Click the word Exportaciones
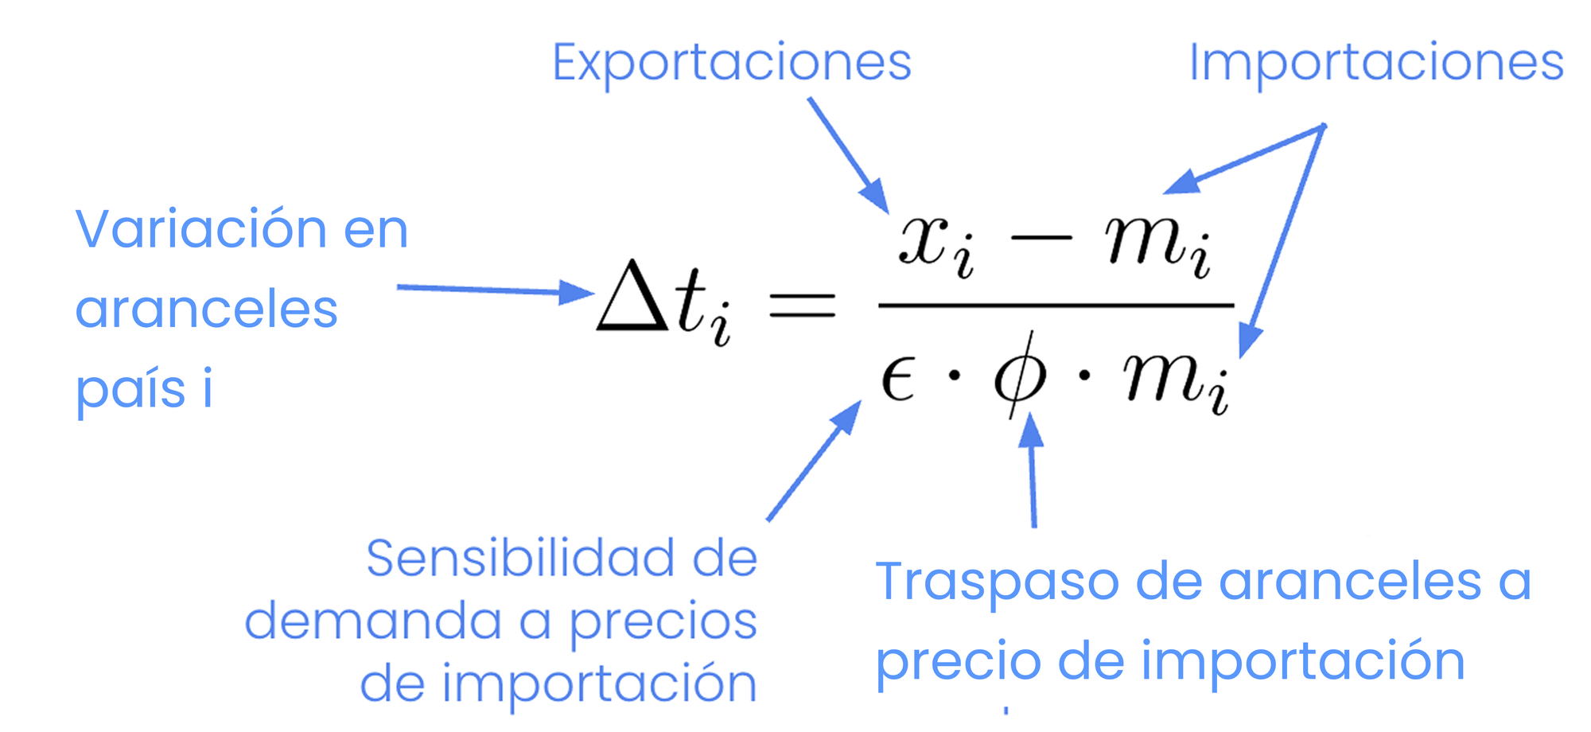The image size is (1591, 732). pyautogui.click(x=731, y=63)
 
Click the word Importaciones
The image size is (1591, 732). pyautogui.click(x=1375, y=63)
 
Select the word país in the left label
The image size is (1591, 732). pyautogui.click(x=130, y=390)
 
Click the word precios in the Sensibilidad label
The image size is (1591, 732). pyautogui.click(x=663, y=622)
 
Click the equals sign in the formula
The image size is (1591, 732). pyautogui.click(x=802, y=305)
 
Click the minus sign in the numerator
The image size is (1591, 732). pyautogui.click(x=1040, y=239)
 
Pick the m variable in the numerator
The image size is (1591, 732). pyautogui.click(x=1146, y=240)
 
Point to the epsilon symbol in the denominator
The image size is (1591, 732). pyautogui.click(x=897, y=379)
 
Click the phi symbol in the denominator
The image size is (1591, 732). pyautogui.click(x=1019, y=374)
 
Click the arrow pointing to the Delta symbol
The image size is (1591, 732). pyautogui.click(x=493, y=290)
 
